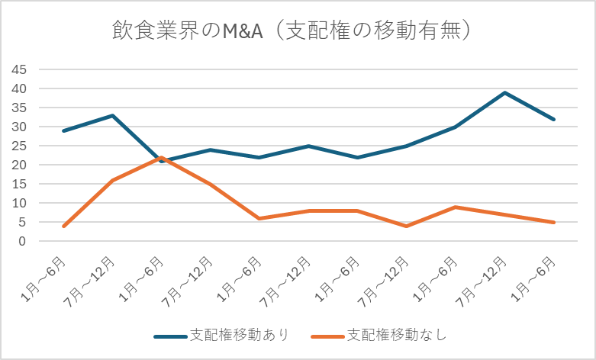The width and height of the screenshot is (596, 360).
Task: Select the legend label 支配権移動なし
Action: [x=395, y=335]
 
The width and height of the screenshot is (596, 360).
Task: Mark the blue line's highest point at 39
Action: [x=504, y=93]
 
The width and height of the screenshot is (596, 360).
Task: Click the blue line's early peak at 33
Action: [x=112, y=116]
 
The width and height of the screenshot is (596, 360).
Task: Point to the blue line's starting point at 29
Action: [x=63, y=131]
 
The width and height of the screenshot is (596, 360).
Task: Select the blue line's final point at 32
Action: [x=553, y=120]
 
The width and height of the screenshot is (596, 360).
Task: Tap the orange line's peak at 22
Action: [x=161, y=157]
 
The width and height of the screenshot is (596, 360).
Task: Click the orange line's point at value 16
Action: [x=112, y=180]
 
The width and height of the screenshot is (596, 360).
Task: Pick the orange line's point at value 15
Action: [x=210, y=184]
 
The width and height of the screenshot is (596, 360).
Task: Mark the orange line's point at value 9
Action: [x=456, y=207]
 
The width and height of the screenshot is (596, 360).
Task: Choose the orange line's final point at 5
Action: [x=553, y=222]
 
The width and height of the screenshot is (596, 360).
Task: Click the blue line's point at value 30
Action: [x=456, y=127]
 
